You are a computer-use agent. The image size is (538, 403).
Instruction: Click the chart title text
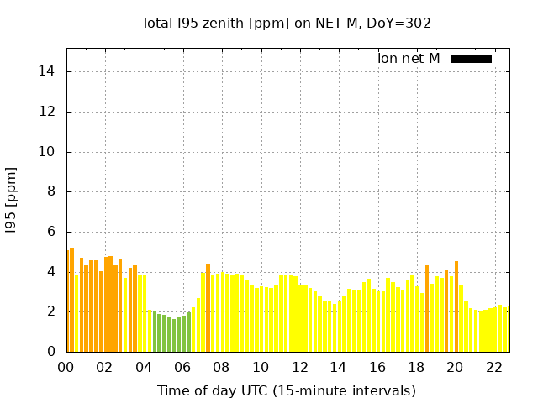coord(286,23)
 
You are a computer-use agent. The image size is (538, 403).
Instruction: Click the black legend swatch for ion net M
coord(471,59)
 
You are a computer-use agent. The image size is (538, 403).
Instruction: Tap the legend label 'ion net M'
coord(409,58)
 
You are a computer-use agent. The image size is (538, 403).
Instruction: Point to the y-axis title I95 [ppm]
coord(12,200)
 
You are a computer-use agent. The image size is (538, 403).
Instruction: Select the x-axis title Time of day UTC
coord(286,390)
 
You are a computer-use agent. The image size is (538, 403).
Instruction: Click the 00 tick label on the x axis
coord(66,367)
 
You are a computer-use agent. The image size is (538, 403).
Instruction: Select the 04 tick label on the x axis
coord(144,367)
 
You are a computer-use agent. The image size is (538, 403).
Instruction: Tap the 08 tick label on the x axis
coord(222,367)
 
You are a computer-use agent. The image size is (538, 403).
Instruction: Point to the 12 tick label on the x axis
coord(299,367)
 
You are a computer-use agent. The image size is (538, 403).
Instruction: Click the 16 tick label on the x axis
coord(377,367)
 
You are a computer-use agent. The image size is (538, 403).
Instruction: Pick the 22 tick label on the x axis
coord(494,367)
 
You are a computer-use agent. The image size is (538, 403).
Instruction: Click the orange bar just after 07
coord(208,308)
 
